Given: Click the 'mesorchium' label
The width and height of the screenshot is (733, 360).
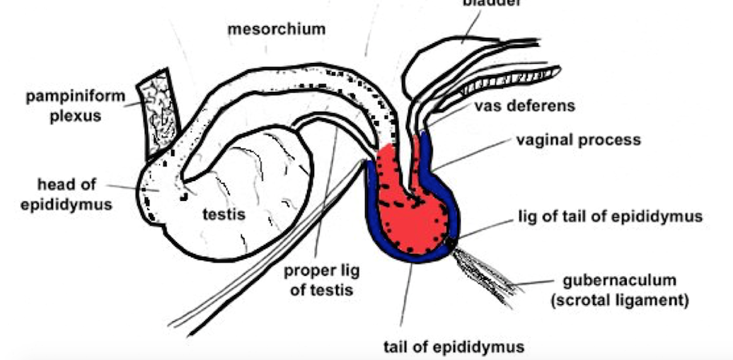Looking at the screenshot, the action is (x=276, y=30).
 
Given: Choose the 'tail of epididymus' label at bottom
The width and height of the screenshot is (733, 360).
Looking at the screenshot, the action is (x=454, y=347).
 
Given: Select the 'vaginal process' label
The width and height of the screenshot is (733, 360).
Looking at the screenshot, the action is (x=578, y=139).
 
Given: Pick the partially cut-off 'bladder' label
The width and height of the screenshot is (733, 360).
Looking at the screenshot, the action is (x=491, y=3).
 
